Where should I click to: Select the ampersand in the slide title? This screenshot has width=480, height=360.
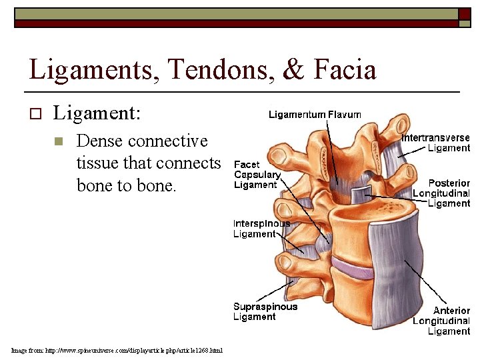click(x=293, y=70)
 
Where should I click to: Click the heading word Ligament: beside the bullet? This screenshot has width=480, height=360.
click(x=97, y=113)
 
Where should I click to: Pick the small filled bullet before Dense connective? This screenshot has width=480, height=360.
click(x=59, y=141)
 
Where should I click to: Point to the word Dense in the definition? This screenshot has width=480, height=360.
click(x=99, y=141)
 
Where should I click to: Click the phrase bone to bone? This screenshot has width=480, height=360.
click(x=127, y=185)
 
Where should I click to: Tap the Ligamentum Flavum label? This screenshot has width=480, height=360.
click(x=315, y=115)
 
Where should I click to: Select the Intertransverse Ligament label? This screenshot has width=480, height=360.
click(x=436, y=143)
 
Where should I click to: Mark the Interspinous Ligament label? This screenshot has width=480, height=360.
click(x=261, y=229)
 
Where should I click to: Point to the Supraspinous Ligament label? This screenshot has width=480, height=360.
click(x=265, y=311)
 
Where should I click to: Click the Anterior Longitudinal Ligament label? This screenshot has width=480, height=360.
click(x=441, y=321)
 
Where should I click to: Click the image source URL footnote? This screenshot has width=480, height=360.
click(x=117, y=350)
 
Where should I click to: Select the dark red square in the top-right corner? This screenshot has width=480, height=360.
click(x=463, y=14)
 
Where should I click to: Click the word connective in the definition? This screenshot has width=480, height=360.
click(x=167, y=141)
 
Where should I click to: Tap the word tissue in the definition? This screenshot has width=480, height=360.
click(x=99, y=163)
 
